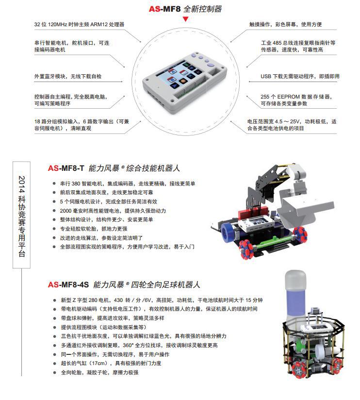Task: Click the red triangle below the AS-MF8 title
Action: coord(186,19)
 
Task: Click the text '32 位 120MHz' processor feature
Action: coord(51,24)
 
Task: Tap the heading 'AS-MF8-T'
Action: coord(66,168)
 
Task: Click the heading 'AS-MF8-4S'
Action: coord(68,284)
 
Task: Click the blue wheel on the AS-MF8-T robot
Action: coord(228,232)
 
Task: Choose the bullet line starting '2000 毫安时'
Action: coord(113,211)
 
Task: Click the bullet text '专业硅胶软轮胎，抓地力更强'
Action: coord(94,229)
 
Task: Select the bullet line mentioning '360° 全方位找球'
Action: coord(139,345)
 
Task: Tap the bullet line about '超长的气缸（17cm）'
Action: coord(111,363)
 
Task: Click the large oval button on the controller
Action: coord(211,65)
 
